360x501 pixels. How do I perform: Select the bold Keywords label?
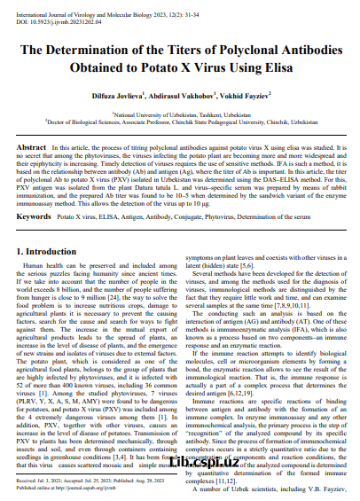tap(34, 216)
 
